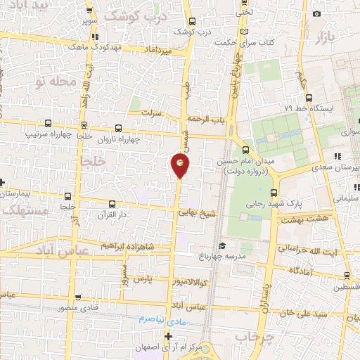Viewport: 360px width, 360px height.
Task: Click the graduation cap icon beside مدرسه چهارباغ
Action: [222, 245]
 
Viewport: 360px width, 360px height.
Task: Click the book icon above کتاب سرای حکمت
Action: [244, 32]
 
